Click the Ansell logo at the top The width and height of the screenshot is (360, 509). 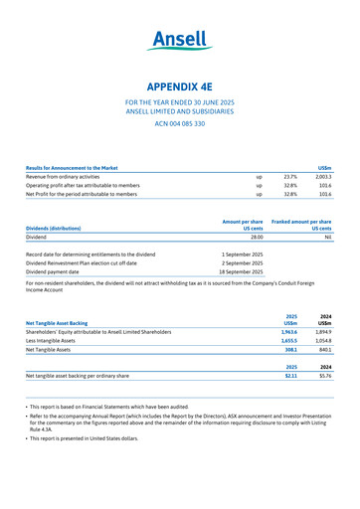click(x=180, y=40)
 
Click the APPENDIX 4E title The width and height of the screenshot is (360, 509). click(x=180, y=86)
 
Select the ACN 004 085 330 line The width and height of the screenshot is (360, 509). click(x=180, y=123)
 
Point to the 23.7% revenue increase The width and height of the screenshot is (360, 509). click(x=290, y=176)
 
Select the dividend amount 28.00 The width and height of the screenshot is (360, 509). click(x=256, y=238)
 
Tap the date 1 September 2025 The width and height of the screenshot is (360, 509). click(x=242, y=254)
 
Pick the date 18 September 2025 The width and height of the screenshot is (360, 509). click(x=241, y=270)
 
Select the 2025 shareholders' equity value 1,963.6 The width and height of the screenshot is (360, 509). click(x=288, y=331)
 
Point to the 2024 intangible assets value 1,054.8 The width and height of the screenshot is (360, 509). click(x=323, y=340)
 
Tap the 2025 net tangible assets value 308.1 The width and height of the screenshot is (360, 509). click(x=290, y=350)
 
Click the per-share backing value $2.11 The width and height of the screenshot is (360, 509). click(x=290, y=376)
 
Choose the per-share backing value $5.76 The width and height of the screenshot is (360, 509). click(x=324, y=376)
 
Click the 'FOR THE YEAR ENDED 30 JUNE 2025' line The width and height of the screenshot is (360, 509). click(x=180, y=103)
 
